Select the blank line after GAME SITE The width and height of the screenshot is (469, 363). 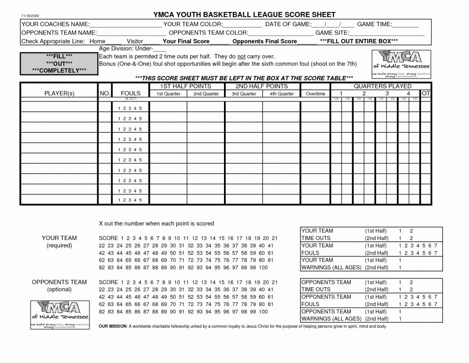click(x=387, y=34)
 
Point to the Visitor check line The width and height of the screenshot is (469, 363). click(x=151, y=42)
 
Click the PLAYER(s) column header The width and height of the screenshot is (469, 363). click(x=59, y=94)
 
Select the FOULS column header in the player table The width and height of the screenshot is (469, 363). click(x=131, y=94)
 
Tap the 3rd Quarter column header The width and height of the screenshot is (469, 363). click(x=244, y=94)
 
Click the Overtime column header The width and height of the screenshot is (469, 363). click(x=315, y=94)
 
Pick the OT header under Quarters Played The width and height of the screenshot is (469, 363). click(x=425, y=93)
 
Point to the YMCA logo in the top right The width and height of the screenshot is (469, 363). click(x=400, y=63)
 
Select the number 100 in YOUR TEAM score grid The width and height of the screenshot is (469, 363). click(x=262, y=268)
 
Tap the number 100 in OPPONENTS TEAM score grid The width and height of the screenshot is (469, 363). click(x=262, y=312)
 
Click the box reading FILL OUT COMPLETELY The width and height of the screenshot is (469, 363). click(x=59, y=63)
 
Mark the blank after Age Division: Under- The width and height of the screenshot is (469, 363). click(x=160, y=49)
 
